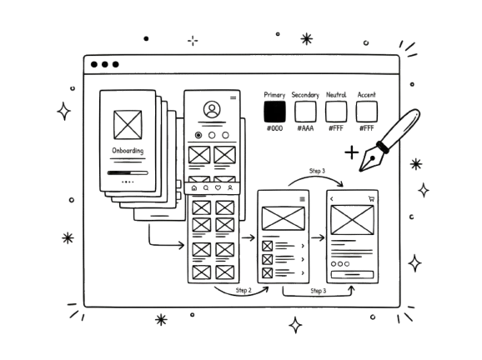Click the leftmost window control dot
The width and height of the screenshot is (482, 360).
[x=91, y=64]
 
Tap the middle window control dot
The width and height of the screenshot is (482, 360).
[x=103, y=64]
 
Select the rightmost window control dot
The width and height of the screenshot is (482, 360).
[x=115, y=64]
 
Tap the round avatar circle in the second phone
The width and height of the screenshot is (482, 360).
[x=210, y=109]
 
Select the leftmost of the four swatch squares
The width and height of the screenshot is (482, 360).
[x=274, y=110]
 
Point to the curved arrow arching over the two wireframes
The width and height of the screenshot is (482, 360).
[x=317, y=174]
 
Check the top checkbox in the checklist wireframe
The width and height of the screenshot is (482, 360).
[x=267, y=246]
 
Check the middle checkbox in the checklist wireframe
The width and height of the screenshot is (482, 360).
[x=267, y=259]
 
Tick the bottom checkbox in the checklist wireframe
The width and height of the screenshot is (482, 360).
[x=267, y=272]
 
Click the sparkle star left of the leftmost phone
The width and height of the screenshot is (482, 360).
[x=63, y=110]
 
